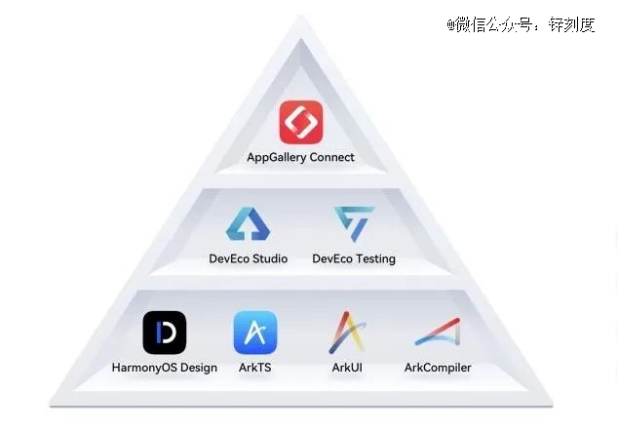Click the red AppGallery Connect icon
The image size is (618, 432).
(301, 122)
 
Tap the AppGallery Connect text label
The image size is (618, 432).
(301, 157)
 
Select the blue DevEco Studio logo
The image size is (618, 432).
(249, 224)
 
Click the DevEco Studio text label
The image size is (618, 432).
(249, 258)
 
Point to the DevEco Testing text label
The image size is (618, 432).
(354, 259)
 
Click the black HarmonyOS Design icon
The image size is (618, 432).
(165, 333)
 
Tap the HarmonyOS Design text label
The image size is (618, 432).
(165, 368)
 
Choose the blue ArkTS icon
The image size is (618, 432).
(255, 333)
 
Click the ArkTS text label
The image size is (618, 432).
(255, 368)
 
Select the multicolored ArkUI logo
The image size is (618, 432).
(347, 333)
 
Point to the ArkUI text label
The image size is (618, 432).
(347, 368)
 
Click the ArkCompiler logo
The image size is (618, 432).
(439, 332)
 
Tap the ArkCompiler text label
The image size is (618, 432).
(438, 368)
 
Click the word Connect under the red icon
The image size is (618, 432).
(331, 157)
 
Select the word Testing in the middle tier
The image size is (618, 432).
(375, 259)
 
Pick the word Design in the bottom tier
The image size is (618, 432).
(198, 368)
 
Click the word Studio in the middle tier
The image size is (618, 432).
(270, 258)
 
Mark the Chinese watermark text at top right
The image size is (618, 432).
(521, 24)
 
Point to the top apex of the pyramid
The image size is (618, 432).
(301, 15)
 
